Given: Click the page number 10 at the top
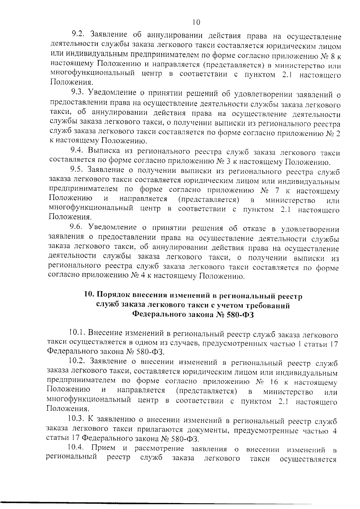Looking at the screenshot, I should [x=196, y=23].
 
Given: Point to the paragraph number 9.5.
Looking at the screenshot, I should [x=78, y=170].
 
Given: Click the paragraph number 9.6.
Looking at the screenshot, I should [x=78, y=227].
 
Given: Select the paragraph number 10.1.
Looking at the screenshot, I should [x=78, y=333].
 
